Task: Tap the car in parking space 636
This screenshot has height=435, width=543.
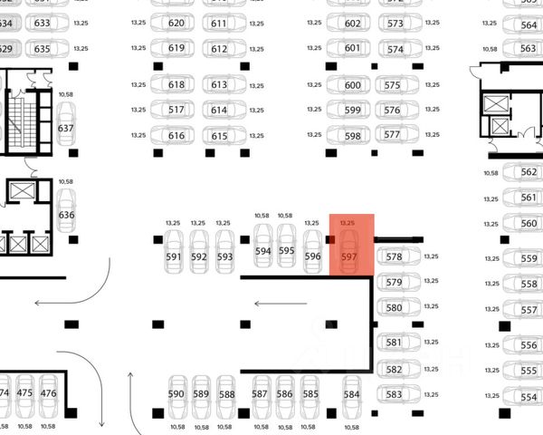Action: pyautogui.click(x=66, y=214)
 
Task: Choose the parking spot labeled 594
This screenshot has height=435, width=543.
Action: pyautogui.click(x=263, y=249)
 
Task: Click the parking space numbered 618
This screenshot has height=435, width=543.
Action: pyautogui.click(x=176, y=85)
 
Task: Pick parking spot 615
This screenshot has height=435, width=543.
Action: pyautogui.click(x=219, y=136)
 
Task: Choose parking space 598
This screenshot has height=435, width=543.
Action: pyautogui.click(x=353, y=136)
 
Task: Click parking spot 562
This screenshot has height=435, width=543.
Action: pyautogui.click(x=529, y=172)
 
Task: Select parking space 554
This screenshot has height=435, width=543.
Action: pyautogui.click(x=529, y=398)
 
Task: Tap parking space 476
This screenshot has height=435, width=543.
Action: pyautogui.click(x=49, y=392)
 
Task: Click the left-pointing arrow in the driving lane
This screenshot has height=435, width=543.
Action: pyautogui.click(x=270, y=304)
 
